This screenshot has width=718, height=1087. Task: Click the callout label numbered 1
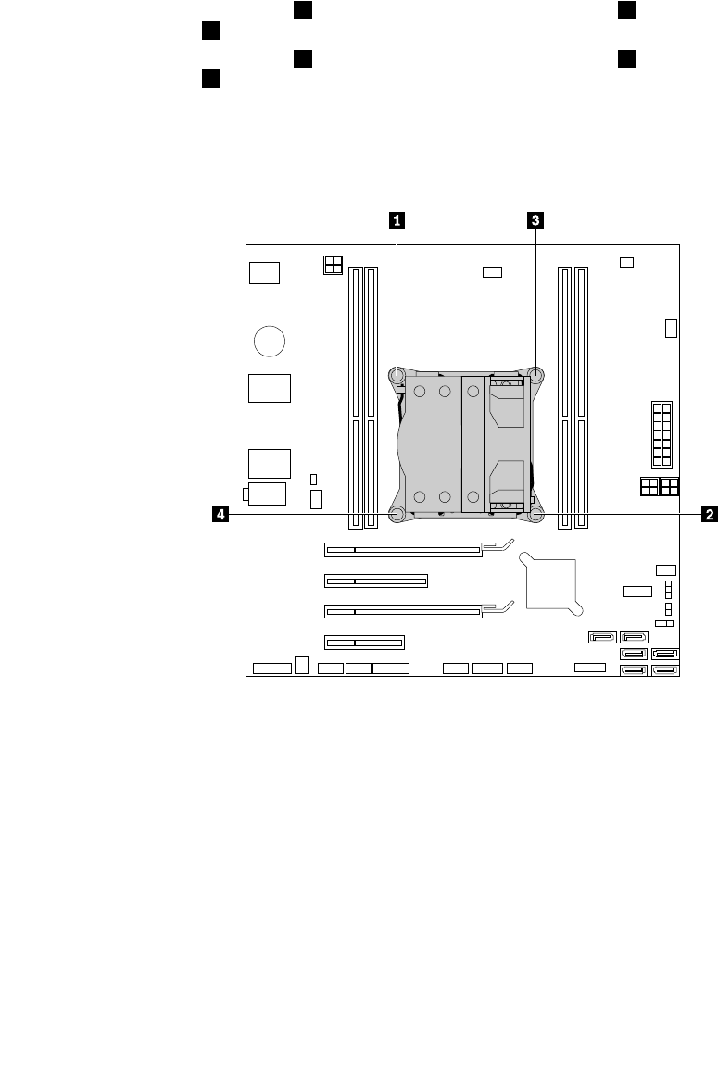pos(397,220)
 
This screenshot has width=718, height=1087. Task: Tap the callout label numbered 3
pos(535,220)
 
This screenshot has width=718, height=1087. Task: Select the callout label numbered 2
pos(709,515)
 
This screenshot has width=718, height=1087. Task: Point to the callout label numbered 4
pos(220,515)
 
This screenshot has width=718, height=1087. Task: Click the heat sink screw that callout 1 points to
pos(397,375)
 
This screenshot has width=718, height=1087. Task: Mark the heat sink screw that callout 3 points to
pos(535,375)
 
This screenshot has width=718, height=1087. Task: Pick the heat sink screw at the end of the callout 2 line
pos(535,515)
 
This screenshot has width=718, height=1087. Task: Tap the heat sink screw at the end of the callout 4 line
pos(397,515)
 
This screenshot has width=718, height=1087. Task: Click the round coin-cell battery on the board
pos(270,341)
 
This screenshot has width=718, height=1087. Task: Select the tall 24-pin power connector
pos(661,434)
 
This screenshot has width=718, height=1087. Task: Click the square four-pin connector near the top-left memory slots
pos(333,265)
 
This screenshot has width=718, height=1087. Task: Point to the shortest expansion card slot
pos(364,643)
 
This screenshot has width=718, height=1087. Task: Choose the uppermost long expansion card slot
pos(403,550)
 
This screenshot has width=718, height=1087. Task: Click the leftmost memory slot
pos(355,398)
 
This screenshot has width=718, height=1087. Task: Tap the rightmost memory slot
pos(581,398)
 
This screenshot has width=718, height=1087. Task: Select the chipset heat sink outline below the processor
pos(551,583)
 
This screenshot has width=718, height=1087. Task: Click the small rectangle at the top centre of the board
pos(493,272)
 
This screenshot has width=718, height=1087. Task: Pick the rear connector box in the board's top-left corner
pos(264,273)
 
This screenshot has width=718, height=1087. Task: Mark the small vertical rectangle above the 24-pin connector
pos(671,329)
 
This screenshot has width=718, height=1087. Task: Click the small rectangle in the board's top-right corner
pos(626,262)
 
